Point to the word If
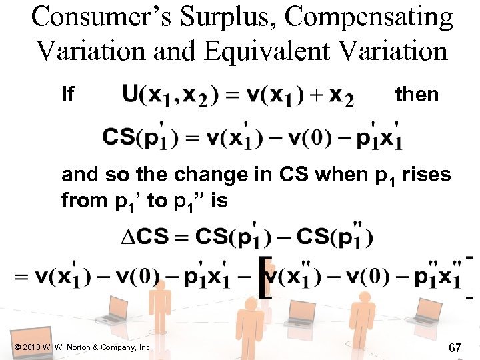(x=67, y=95)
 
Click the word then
(x=417, y=95)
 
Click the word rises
(x=425, y=175)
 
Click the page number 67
(x=456, y=347)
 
